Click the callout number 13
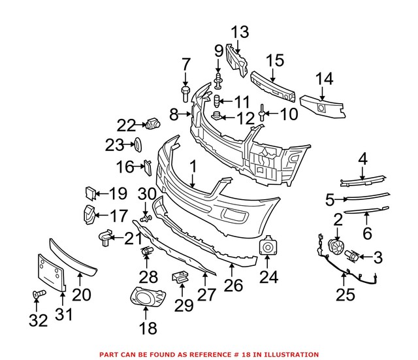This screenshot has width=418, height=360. tap(239, 31)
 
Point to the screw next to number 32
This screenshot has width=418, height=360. tap(37, 296)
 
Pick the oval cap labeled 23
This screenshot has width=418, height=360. tap(137, 144)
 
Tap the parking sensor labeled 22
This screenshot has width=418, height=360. tap(154, 123)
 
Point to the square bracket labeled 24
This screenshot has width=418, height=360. tap(268, 248)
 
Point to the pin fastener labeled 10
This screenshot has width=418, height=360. tap(263, 115)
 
